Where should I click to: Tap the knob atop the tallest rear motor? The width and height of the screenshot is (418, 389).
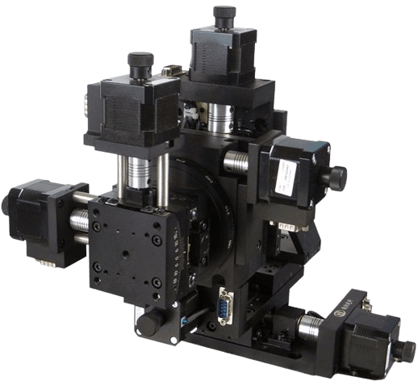pyautogui.click(x=224, y=15)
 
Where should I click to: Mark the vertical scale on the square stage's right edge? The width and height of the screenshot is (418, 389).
pyautogui.click(x=176, y=266)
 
